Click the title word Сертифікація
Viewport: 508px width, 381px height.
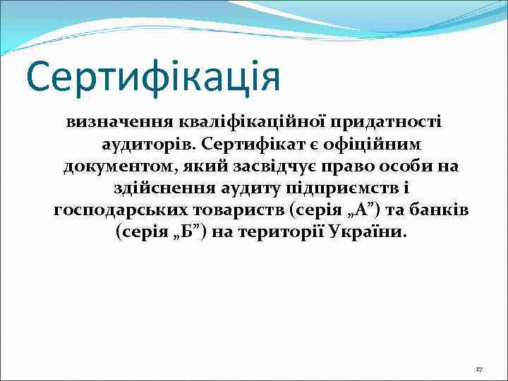pyautogui.click(x=153, y=76)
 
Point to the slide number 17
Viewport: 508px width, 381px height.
pyautogui.click(x=479, y=370)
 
